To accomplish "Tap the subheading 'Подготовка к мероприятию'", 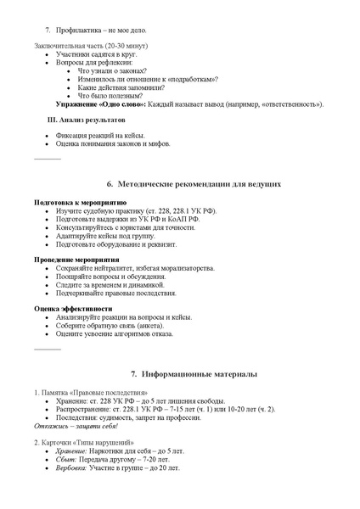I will (80, 204).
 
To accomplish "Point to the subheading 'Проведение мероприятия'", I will (76, 260).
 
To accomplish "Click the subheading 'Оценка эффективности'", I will (73, 308).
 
